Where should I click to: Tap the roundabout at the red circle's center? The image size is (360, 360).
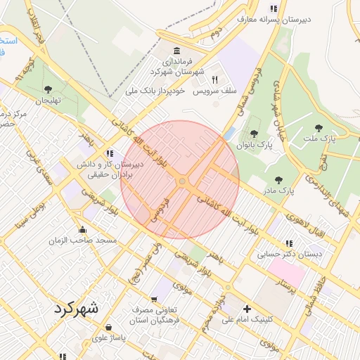click(182, 181)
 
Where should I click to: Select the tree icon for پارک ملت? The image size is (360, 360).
click(319, 128)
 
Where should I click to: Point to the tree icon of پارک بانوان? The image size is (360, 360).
click(254, 134)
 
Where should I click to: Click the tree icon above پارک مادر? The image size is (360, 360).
click(279, 180)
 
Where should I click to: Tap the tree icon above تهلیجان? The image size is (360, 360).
click(48, 89)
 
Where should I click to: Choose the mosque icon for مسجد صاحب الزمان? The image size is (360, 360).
click(83, 229)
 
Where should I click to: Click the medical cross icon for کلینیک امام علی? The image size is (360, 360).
click(247, 309)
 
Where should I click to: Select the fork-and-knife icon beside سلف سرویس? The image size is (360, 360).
click(215, 79)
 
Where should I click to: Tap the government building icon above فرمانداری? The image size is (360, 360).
click(176, 51)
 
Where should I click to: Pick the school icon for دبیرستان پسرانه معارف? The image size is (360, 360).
click(274, 8)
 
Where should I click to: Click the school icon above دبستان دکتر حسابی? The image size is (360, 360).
click(289, 243)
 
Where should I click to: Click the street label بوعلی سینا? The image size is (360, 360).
click(31, 217)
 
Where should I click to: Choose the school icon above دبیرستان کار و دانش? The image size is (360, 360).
click(110, 153)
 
